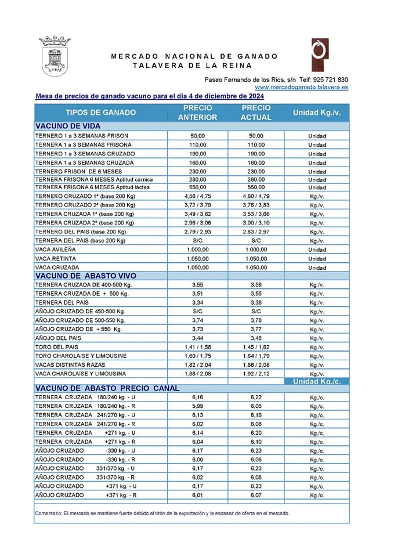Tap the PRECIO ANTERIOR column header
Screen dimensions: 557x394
tap(198, 113)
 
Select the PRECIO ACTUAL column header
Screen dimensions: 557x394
tap(256, 113)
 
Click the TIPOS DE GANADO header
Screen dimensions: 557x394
tap(101, 113)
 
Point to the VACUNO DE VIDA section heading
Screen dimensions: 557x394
tap(68, 126)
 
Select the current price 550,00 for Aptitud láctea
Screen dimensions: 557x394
tap(256, 188)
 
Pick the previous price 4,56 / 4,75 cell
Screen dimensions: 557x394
tap(198, 197)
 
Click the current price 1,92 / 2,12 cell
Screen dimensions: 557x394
tap(256, 374)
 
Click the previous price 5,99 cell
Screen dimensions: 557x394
tap(198, 406)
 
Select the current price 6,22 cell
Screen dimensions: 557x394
tap(256, 397)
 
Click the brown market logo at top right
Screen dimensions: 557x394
tap(319, 56)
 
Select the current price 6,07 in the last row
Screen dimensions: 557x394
tap(256, 495)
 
